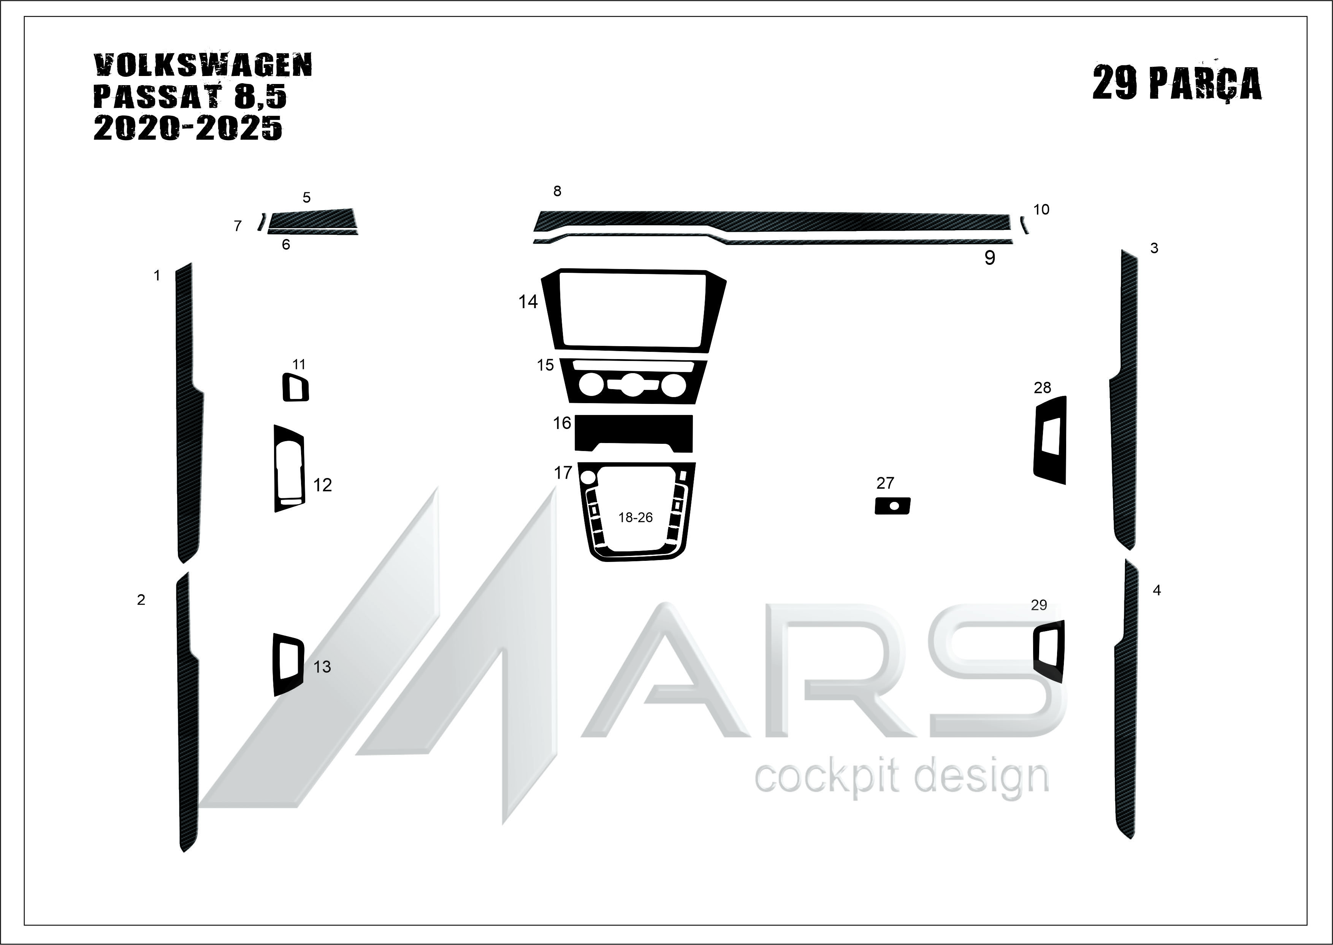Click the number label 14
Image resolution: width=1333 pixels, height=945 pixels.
point(528,301)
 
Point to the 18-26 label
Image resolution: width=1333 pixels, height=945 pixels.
point(635,517)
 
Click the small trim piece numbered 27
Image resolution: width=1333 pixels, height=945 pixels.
point(892,506)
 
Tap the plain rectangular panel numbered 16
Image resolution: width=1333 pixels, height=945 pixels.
point(633,432)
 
